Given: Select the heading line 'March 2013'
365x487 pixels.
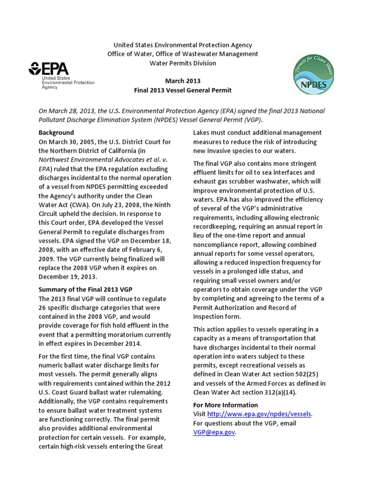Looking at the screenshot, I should point(182,81).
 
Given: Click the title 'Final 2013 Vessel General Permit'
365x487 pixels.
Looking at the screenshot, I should point(182,90).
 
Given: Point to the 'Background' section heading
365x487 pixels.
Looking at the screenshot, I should point(56,132).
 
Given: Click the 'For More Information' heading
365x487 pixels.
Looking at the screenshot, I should point(225,405).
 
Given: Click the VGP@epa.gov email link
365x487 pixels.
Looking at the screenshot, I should point(214,432).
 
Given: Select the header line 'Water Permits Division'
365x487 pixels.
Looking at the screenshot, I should point(182,63).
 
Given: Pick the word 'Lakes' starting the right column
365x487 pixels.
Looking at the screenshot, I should point(202,132).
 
